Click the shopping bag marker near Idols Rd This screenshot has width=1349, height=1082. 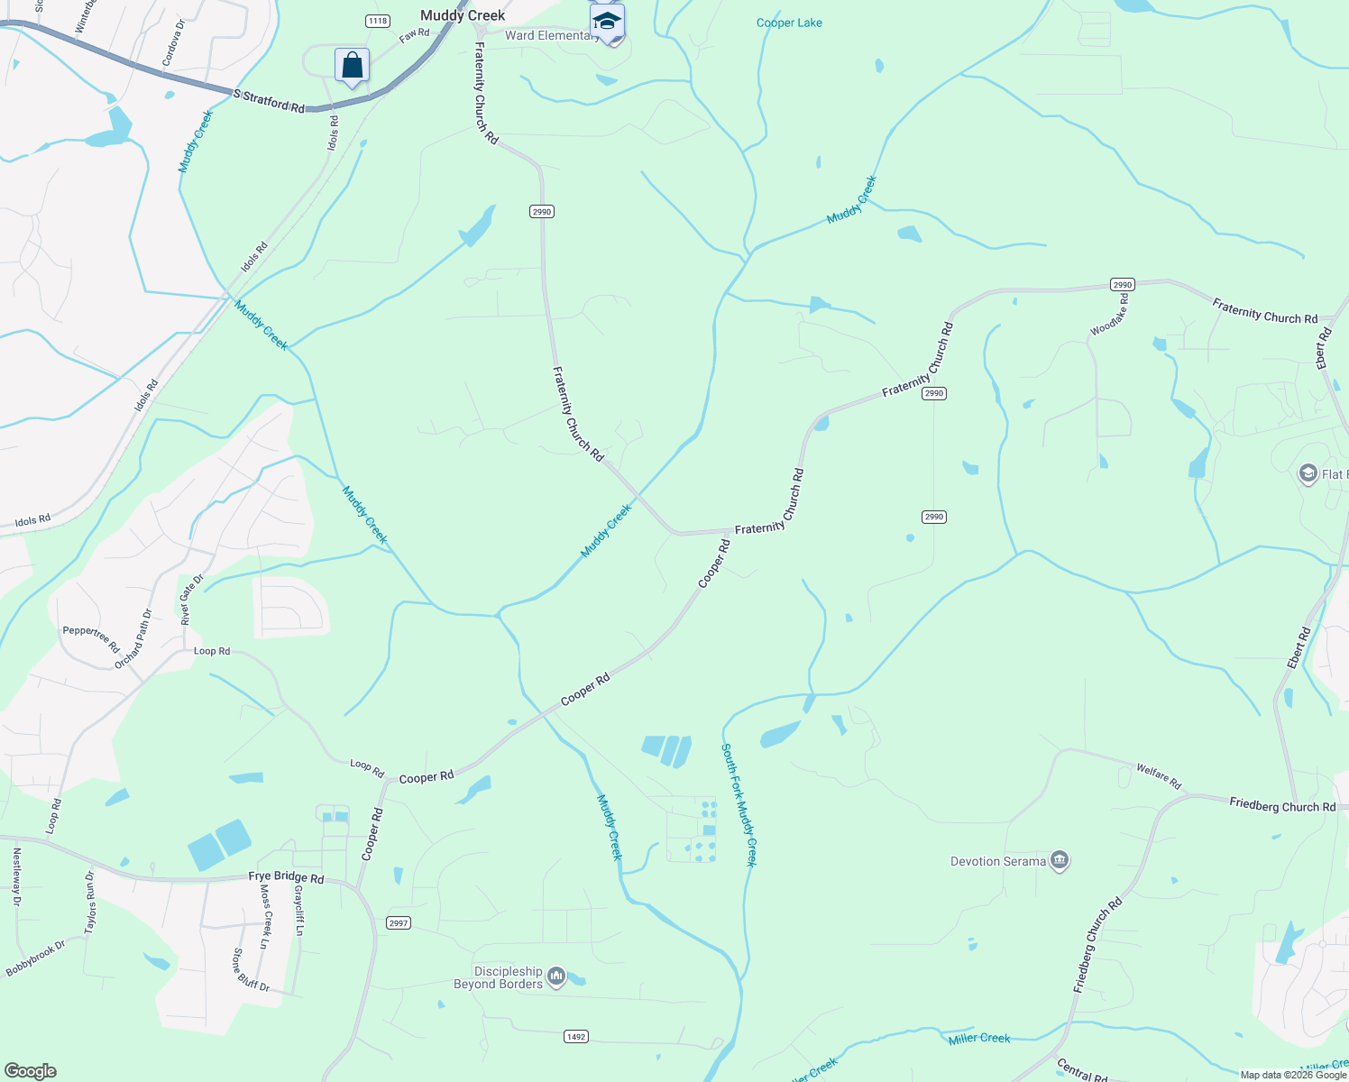coord(352,66)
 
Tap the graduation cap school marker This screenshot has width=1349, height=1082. coord(607,22)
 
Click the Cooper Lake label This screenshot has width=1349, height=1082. coord(789,23)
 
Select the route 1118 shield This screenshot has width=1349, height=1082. coord(378,21)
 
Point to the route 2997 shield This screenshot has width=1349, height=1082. coord(399,922)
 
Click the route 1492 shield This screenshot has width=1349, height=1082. coord(576,1036)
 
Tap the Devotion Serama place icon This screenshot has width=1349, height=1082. coord(1060,860)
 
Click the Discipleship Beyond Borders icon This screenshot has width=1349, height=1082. coord(556,976)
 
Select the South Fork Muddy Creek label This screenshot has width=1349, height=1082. coord(739,804)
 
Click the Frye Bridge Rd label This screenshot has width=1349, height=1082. coord(286,877)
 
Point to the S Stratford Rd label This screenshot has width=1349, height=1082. coord(269,100)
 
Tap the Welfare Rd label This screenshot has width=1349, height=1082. coord(1159,776)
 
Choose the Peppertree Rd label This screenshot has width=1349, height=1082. coord(91,639)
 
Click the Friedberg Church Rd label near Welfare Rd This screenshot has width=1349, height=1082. coord(1282,805)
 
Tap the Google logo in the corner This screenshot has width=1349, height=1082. coord(31,1070)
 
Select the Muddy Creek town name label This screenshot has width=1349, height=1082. coord(463,15)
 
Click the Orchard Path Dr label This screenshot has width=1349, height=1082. coord(133,639)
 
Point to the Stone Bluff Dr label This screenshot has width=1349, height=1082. coord(251,970)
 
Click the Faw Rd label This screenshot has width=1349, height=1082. coord(415,34)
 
